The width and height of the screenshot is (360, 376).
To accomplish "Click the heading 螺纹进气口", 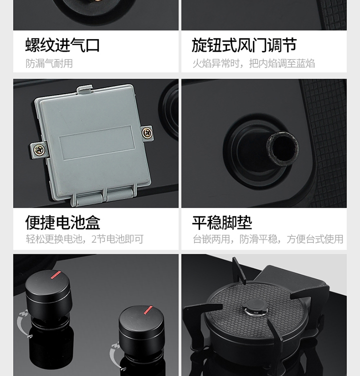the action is (x=62, y=45).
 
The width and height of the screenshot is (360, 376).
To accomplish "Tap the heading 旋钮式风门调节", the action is (x=244, y=45).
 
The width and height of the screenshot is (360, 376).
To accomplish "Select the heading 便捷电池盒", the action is (x=62, y=222).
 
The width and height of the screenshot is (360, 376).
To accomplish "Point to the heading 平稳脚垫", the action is (x=222, y=222).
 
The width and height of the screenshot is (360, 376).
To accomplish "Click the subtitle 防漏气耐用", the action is (x=49, y=64).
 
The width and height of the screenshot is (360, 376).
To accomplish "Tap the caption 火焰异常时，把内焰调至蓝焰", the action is (x=253, y=64).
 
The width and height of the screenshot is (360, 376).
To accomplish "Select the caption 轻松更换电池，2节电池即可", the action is (x=85, y=239).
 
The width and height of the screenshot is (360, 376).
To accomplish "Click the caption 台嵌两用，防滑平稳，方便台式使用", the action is (x=268, y=239).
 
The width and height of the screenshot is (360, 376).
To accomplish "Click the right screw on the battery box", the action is (x=147, y=133).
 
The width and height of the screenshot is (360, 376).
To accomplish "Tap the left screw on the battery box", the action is (x=39, y=150).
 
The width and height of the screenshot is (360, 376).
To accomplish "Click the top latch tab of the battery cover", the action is (x=84, y=89).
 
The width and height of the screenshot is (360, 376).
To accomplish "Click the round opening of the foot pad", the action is (x=282, y=149).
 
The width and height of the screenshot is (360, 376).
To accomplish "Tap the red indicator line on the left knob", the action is (x=56, y=275).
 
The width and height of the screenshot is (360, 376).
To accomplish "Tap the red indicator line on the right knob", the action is (x=148, y=310).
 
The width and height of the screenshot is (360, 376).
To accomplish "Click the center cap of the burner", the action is (x=255, y=307).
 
